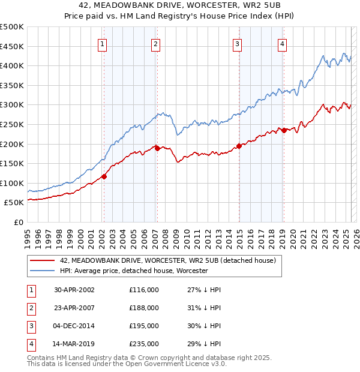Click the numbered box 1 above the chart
tap(103, 43)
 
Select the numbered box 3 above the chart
tap(238, 43)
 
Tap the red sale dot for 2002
tap(104, 176)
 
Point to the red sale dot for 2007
tap(157, 148)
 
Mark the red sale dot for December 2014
tap(239, 145)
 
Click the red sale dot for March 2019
tap(284, 130)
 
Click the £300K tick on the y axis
tap(12, 105)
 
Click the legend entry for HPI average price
tap(133, 271)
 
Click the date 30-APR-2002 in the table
tap(74, 290)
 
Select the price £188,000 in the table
tap(143, 308)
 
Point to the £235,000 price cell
tap(143, 344)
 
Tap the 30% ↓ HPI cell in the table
tap(203, 326)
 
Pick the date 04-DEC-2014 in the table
tap(74, 326)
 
